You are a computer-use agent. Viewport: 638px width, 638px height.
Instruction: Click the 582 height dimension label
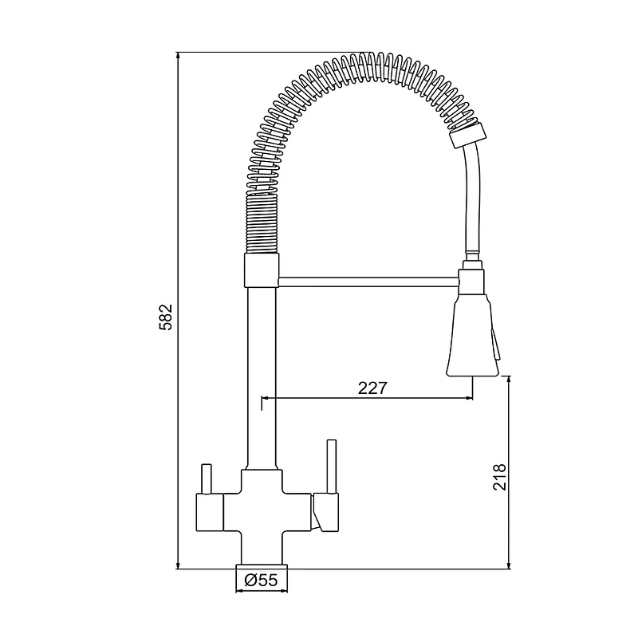166,317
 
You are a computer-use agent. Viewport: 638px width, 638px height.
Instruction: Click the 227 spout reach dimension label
372,388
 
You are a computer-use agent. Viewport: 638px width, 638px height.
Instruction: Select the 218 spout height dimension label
499,477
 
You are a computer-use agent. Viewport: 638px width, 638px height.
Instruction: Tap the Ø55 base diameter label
261,580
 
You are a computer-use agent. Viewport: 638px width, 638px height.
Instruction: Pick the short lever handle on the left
207,479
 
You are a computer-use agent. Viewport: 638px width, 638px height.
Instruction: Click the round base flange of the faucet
262,566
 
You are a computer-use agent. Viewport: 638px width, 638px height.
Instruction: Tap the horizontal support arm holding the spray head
369,282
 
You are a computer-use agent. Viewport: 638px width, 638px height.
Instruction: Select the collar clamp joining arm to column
262,270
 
